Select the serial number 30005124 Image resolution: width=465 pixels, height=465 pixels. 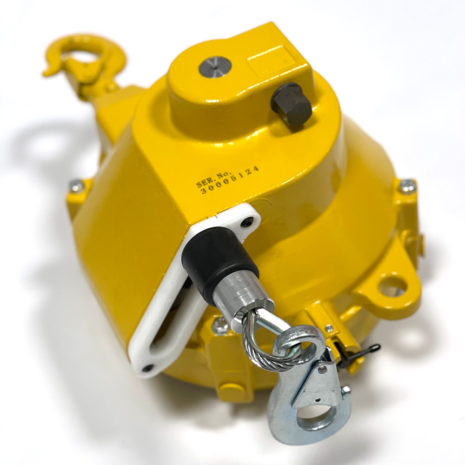click(230, 179)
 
